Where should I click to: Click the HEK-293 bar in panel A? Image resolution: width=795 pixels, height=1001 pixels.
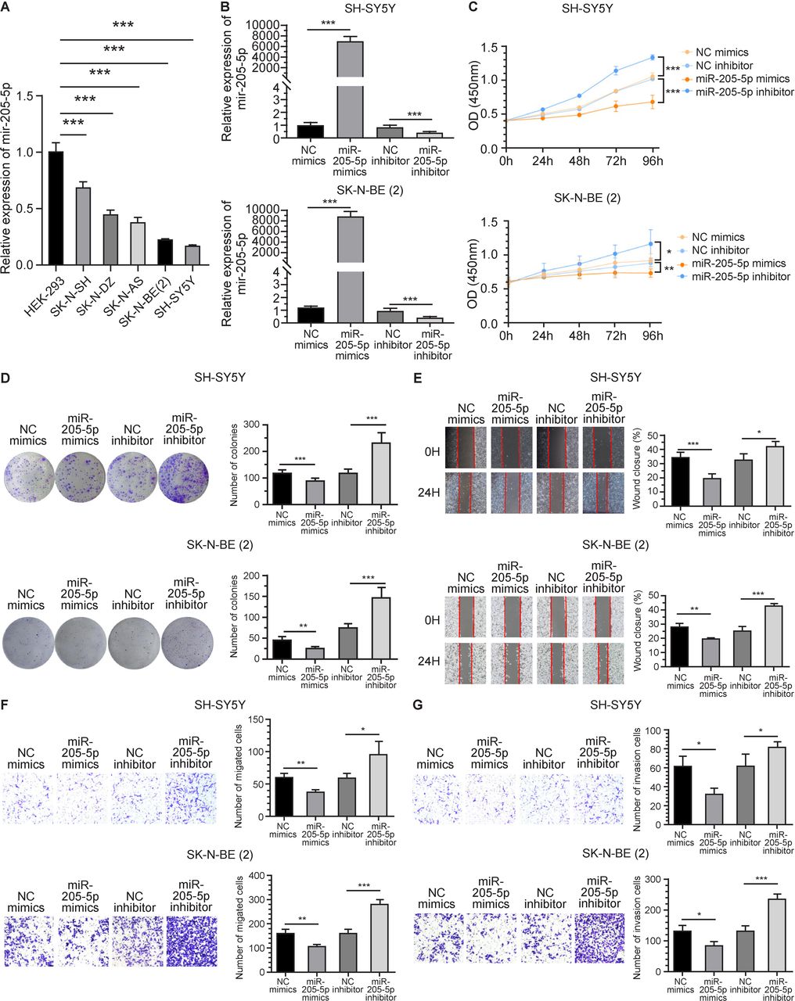point(55,208)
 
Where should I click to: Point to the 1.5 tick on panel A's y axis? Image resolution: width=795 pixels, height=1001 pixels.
point(29,95)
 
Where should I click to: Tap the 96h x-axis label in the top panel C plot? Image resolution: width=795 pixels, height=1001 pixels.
point(653,161)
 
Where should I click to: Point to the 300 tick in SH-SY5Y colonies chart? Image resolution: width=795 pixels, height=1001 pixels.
point(250,424)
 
